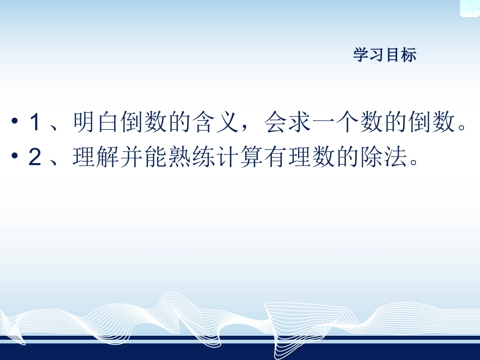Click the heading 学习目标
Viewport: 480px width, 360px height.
pos(385,55)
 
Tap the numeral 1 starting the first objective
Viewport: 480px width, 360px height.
pos(34,123)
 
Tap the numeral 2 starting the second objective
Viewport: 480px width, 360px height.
pos(34,158)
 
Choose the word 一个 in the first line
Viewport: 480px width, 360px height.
pos(336,123)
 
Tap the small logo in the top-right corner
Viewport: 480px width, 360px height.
pos(468,7)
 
